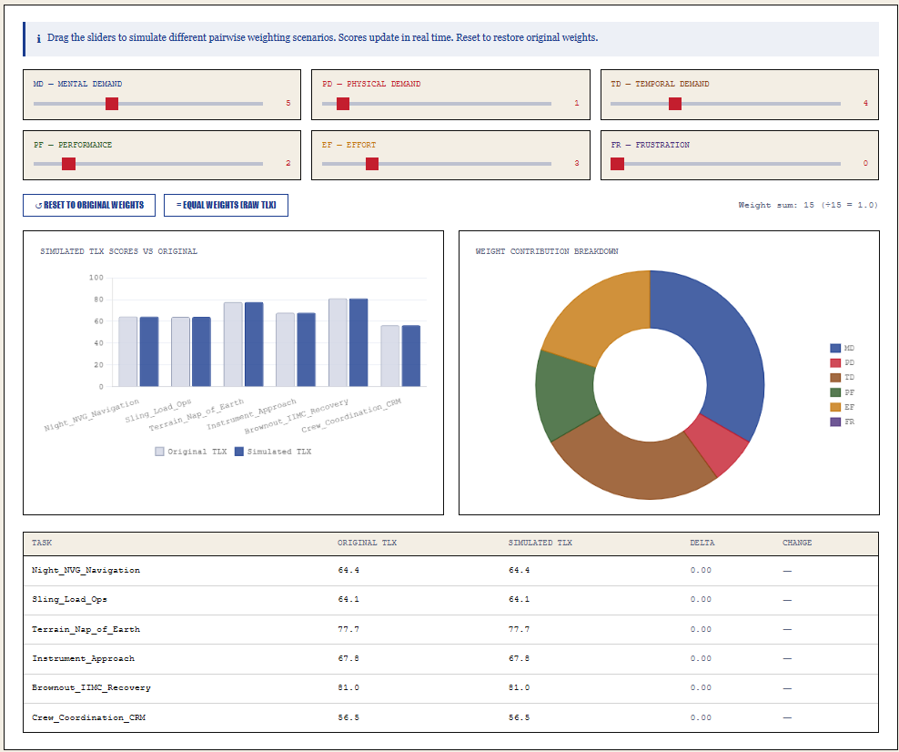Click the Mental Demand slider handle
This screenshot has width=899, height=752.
[x=112, y=104]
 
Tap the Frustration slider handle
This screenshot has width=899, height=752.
[x=618, y=164]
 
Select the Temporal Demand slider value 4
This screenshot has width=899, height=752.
[x=865, y=104]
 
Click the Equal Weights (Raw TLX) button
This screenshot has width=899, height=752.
[x=226, y=205]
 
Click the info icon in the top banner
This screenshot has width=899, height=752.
[x=38, y=39]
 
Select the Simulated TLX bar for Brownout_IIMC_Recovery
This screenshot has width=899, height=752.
[x=359, y=341]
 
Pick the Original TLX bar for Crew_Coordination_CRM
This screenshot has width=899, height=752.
[x=390, y=355]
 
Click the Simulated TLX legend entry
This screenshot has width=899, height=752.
[x=273, y=452]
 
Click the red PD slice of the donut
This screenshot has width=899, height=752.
[x=716, y=444]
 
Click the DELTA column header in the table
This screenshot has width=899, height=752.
[x=702, y=543]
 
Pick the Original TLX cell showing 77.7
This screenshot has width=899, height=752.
[x=348, y=629]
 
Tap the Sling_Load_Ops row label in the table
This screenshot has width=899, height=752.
[x=69, y=600]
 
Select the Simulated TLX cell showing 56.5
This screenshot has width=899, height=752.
[x=519, y=717]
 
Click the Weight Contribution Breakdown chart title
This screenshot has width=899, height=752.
[x=546, y=251]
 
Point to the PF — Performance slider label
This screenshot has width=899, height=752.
[x=73, y=145]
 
